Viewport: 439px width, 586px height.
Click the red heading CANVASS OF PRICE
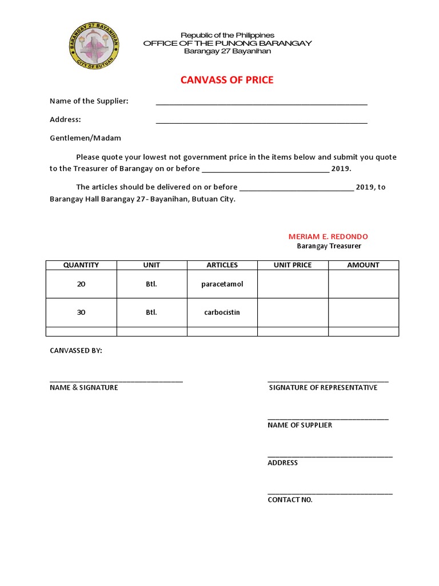(x=227, y=80)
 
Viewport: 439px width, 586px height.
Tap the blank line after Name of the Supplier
(x=261, y=102)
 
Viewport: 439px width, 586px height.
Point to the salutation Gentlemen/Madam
(x=85, y=138)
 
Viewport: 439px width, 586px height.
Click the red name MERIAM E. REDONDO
(x=328, y=236)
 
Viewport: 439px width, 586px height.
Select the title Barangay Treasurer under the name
(x=329, y=246)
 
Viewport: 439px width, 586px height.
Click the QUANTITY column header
(x=81, y=265)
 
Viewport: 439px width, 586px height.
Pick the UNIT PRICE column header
(x=293, y=265)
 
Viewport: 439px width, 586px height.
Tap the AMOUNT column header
(x=363, y=265)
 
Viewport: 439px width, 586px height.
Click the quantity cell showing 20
(x=81, y=284)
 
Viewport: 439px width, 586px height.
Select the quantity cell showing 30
(x=81, y=312)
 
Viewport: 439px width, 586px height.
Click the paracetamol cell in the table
(x=222, y=284)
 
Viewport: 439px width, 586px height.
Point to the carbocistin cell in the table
(x=222, y=312)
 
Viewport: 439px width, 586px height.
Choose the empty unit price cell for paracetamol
(x=293, y=284)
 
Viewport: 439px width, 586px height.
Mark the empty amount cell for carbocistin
(x=363, y=312)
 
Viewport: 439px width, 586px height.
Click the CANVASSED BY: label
(x=76, y=350)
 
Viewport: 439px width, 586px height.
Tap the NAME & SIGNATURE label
(x=84, y=387)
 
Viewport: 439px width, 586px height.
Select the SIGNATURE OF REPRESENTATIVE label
(x=323, y=387)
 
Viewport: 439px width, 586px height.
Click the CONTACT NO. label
(x=290, y=500)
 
